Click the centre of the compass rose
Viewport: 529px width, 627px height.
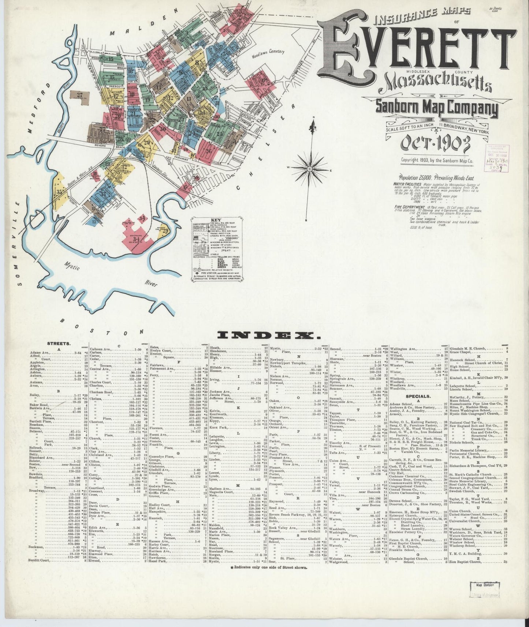(x=310, y=169)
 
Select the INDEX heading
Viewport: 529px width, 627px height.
(x=269, y=334)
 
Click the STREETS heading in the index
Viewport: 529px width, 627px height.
(x=59, y=343)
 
